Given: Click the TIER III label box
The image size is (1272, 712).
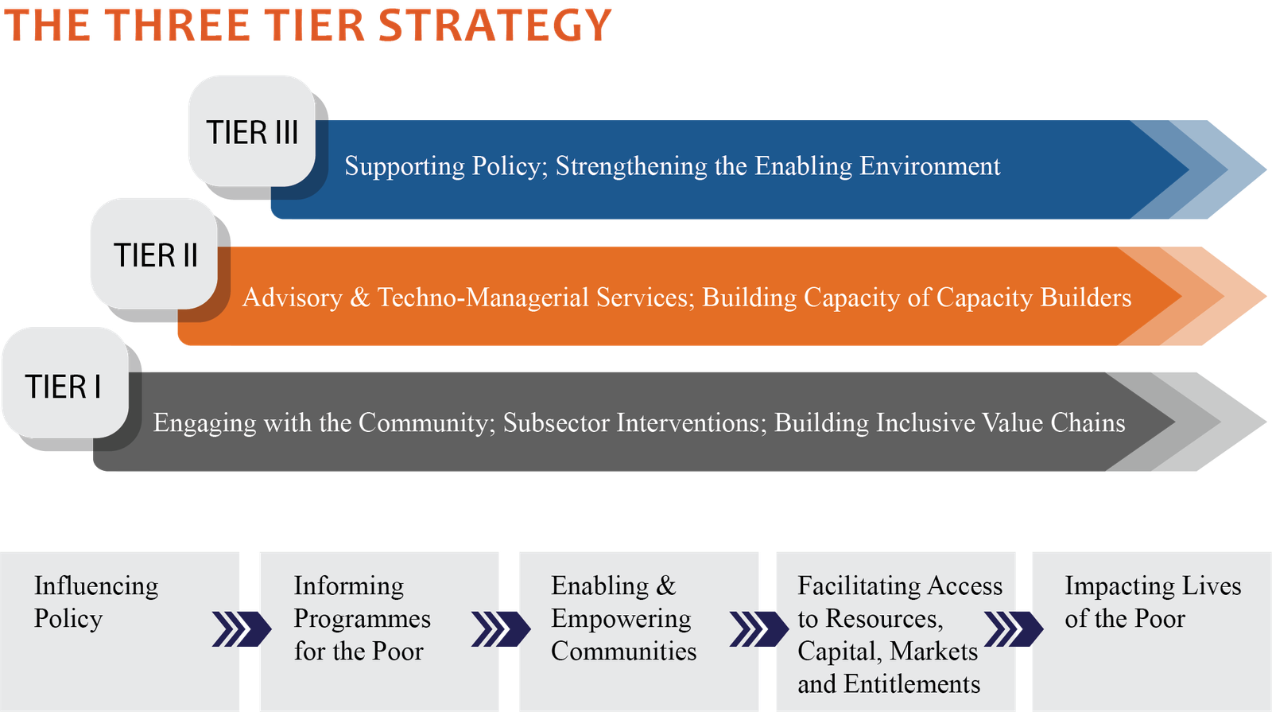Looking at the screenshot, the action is tap(252, 131).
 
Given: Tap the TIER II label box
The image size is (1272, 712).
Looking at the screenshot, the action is tap(154, 254).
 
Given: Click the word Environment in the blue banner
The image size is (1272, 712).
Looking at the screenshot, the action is tap(929, 166).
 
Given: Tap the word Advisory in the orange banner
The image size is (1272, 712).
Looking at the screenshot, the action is tap(293, 298).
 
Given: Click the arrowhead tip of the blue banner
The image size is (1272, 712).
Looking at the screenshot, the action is tap(1266, 169).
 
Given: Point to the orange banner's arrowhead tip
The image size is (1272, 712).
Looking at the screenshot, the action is tap(1266, 295).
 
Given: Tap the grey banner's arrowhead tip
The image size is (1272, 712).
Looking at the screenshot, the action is tap(1266, 422).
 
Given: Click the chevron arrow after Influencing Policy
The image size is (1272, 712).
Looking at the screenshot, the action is tap(242, 629).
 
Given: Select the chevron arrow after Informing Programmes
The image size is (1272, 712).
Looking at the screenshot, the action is tap(502, 629).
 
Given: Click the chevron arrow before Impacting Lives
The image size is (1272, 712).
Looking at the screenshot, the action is tap(1014, 629).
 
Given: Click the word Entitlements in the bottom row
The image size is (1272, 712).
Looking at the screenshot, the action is tap(912, 684).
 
